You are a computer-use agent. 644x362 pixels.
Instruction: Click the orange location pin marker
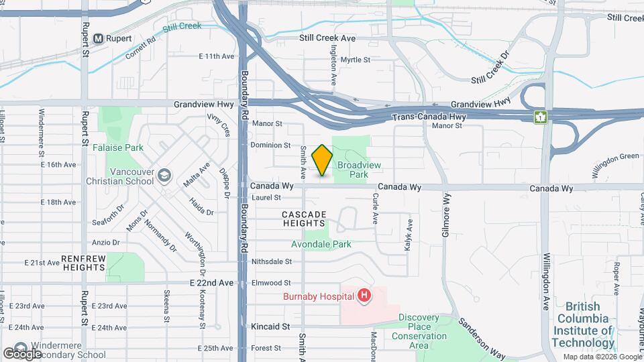323,160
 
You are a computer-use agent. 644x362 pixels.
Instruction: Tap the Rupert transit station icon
97,38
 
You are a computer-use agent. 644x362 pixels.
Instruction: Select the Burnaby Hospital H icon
364,295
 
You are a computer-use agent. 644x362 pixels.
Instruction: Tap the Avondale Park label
321,245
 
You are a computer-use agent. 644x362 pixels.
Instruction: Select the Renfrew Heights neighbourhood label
83,263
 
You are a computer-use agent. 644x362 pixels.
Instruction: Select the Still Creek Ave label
327,39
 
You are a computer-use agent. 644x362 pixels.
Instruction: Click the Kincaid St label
271,326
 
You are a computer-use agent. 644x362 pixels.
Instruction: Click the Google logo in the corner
23,353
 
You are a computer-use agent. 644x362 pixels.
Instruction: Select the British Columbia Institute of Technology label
583,324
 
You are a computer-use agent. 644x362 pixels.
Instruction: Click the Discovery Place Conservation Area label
419,331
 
